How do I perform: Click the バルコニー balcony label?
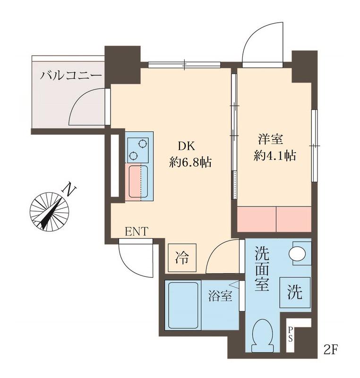point(71,75)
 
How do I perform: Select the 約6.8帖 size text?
point(190,162)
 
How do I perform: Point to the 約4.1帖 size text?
point(274,155)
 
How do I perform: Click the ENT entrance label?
point(137,231)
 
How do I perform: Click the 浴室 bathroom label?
point(220,297)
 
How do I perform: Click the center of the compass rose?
point(49,211)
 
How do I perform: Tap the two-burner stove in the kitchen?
point(138,149)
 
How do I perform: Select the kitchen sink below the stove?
point(138,181)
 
